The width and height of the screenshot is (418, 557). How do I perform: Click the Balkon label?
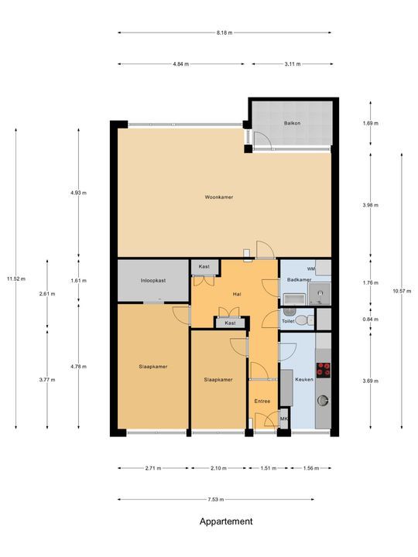pyautogui.click(x=292, y=122)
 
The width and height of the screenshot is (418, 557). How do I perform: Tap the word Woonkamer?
pyautogui.click(x=219, y=197)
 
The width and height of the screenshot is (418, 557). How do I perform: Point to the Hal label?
pyautogui.click(x=238, y=295)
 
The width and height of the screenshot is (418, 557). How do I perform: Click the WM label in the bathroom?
pyautogui.click(x=310, y=268)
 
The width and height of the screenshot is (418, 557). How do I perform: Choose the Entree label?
pyautogui.click(x=262, y=401)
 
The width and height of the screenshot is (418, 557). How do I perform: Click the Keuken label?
pyautogui.click(x=304, y=380)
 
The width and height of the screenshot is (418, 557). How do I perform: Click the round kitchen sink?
pyautogui.click(x=322, y=401)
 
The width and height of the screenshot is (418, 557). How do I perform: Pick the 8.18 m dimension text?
pyautogui.click(x=224, y=32)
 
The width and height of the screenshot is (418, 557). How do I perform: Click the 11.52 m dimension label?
pyautogui.click(x=15, y=278)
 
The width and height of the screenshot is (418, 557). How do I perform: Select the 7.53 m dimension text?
pyautogui.click(x=224, y=500)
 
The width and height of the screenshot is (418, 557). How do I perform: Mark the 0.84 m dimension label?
pyautogui.click(x=371, y=320)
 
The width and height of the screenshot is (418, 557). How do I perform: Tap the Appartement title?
pyautogui.click(x=226, y=521)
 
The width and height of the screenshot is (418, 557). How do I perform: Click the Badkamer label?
pyautogui.click(x=299, y=279)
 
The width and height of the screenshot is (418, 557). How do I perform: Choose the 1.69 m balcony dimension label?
pyautogui.click(x=371, y=123)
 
